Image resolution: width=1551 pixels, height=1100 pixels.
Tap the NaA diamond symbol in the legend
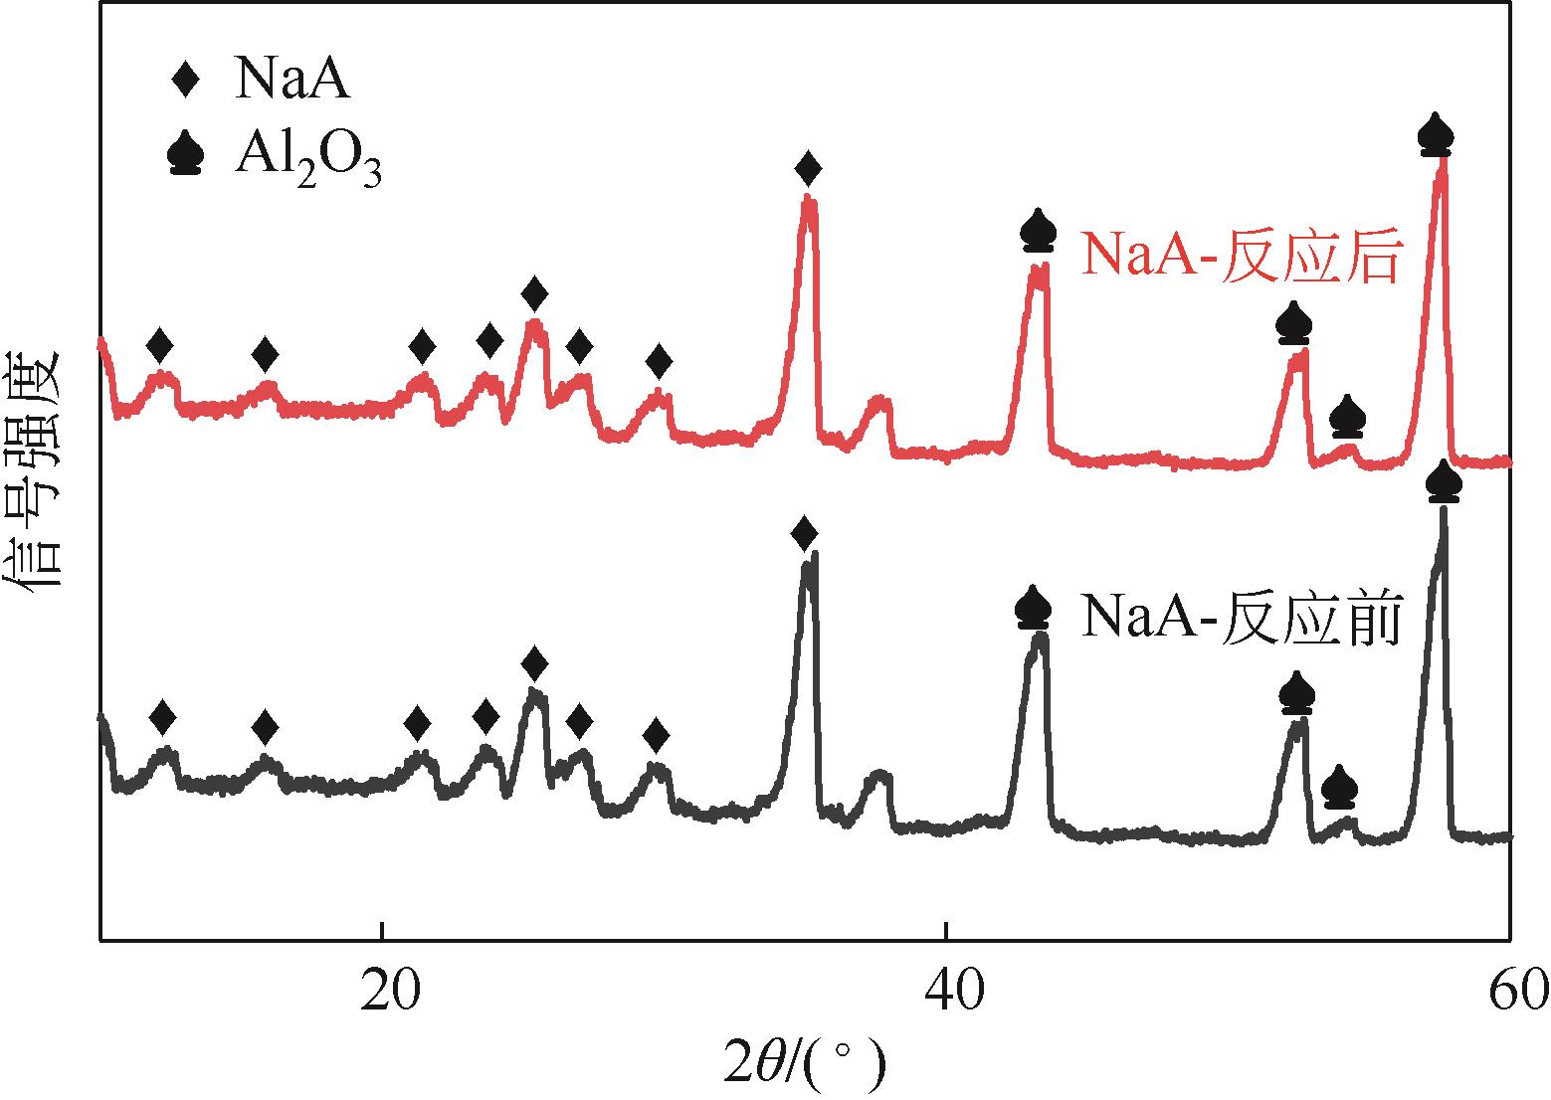tap(187, 80)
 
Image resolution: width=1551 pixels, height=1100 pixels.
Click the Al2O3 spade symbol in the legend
tap(187, 155)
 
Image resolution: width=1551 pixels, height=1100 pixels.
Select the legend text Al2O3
tap(307, 159)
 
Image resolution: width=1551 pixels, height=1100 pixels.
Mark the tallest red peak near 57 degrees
tap(1441, 164)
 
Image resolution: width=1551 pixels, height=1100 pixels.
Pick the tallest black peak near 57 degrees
tap(1443, 512)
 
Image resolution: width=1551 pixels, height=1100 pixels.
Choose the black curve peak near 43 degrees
tap(1040, 637)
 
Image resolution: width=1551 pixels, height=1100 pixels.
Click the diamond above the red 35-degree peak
tap(809, 168)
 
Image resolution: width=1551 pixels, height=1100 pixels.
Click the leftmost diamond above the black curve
tap(162, 716)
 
